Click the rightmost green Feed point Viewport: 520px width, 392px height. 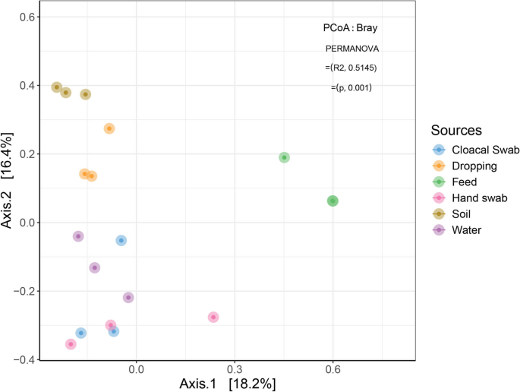[x=332, y=201]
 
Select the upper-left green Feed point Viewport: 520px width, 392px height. [x=285, y=157]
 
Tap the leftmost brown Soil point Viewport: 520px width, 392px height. [x=56, y=87]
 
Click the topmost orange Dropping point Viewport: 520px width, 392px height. [x=109, y=128]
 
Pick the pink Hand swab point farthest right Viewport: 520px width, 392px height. [x=213, y=317]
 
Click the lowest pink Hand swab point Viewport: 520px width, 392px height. [x=71, y=344]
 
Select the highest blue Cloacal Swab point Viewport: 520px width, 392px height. [x=121, y=240]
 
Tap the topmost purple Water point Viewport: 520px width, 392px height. [x=78, y=236]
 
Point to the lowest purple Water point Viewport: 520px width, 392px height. [x=128, y=297]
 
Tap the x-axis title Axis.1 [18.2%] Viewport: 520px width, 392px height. [x=227, y=383]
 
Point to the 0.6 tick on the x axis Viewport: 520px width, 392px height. [x=332, y=368]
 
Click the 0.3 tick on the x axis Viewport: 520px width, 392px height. [x=234, y=368]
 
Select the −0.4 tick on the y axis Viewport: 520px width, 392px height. [x=25, y=359]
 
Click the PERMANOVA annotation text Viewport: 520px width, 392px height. [x=352, y=48]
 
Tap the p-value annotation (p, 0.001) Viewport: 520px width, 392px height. [x=351, y=87]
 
